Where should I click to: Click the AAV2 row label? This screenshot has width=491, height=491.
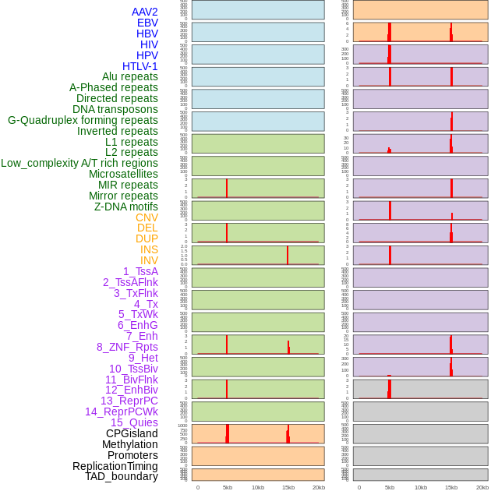[x=144, y=12]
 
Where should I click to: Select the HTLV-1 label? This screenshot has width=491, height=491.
[x=140, y=66]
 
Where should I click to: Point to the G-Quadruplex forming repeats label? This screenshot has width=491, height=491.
[x=83, y=121]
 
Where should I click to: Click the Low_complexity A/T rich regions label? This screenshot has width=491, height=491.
[x=79, y=163]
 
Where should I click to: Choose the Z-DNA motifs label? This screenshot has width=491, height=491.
[x=125, y=207]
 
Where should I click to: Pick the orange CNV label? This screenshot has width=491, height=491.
[x=147, y=217]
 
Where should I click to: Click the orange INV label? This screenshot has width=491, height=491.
[x=148, y=260]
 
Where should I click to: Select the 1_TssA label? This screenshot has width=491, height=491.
[x=140, y=271]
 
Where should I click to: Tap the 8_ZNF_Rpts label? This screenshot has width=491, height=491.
[x=127, y=347]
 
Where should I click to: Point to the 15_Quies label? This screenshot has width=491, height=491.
[x=134, y=422]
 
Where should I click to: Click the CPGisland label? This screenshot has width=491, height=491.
[x=132, y=433]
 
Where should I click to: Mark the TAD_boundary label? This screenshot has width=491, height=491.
[x=121, y=476]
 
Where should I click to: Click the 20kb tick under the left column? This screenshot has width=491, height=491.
[x=318, y=487]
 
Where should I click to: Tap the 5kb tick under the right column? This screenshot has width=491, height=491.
[x=389, y=487]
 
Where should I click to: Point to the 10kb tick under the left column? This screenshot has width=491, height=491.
[x=257, y=487]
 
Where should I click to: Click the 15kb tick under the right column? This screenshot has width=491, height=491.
[x=450, y=487]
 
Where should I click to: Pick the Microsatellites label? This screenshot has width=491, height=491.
[x=123, y=174]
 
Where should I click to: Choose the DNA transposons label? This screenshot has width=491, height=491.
[x=115, y=109]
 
